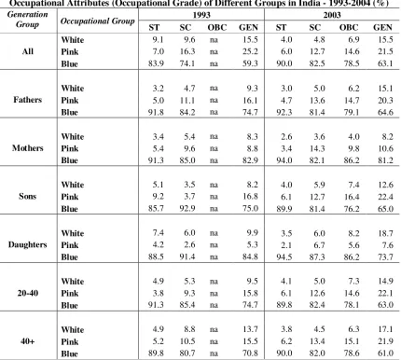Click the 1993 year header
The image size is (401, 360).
[x=201, y=15]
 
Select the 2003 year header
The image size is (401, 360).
[x=332, y=15]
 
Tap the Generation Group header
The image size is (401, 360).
[x=28, y=20]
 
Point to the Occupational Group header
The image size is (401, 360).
[x=98, y=21]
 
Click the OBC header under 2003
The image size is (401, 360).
[x=349, y=27]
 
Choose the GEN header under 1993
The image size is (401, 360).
[x=248, y=27]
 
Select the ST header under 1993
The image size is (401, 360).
[x=154, y=27]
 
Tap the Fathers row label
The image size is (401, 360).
[x=28, y=100]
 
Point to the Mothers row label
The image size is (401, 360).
[x=28, y=148]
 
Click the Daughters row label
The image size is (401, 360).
[x=28, y=244]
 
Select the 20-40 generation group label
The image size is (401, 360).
[x=28, y=293]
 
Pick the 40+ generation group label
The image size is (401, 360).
[x=28, y=341]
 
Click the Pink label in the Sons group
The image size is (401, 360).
[x=70, y=197]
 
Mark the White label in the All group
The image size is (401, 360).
[x=73, y=40]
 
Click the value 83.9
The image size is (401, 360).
[x=156, y=63]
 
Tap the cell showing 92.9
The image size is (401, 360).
[x=187, y=209]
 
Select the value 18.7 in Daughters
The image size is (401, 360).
[x=385, y=233]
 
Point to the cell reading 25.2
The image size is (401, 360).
[x=250, y=51]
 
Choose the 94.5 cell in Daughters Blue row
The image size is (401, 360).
[x=284, y=257]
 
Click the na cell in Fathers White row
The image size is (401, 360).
[x=214, y=89]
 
